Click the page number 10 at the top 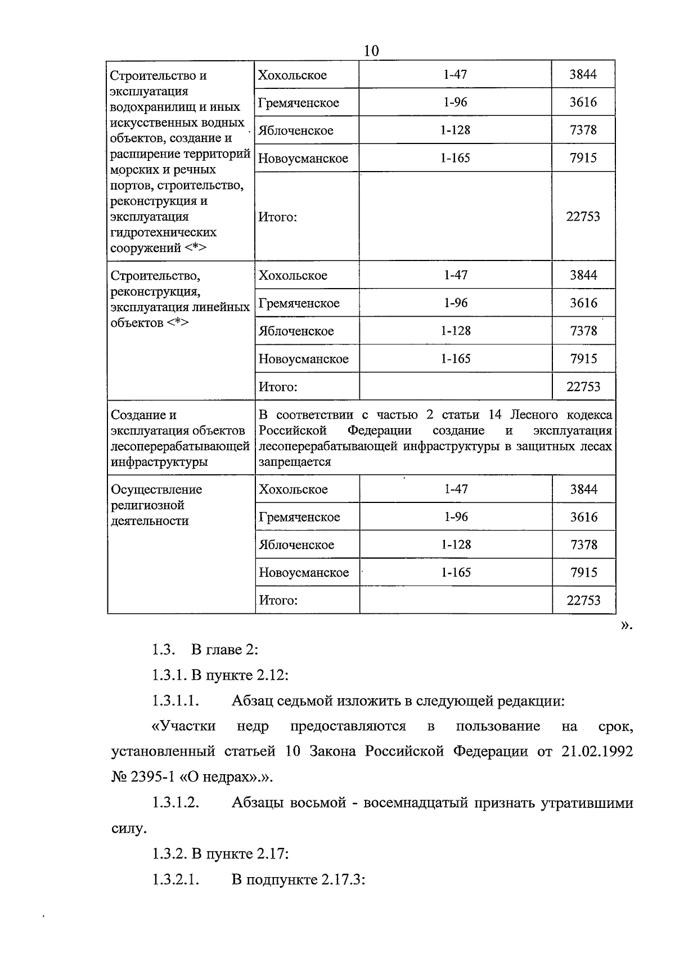click(x=371, y=51)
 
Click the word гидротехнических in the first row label click(x=164, y=232)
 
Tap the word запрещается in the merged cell click(x=294, y=462)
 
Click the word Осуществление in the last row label click(x=156, y=489)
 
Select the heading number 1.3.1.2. click(x=176, y=803)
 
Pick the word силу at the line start click(x=127, y=829)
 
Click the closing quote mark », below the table click(x=626, y=625)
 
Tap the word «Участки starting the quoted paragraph click(x=183, y=726)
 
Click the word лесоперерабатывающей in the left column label click(x=180, y=446)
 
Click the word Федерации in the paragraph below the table click(x=490, y=752)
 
